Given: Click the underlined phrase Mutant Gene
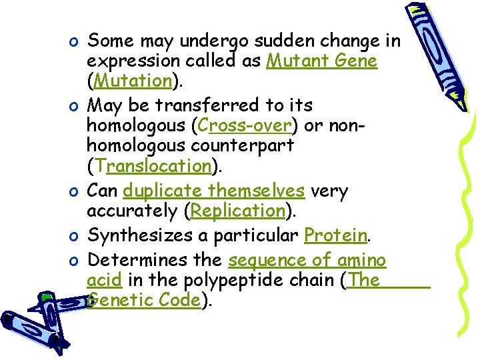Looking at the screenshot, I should [322, 61].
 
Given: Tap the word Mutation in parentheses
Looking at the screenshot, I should [133, 81].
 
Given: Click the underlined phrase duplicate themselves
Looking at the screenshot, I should [214, 191].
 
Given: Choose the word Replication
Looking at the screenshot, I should [237, 211].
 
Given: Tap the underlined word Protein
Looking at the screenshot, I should [335, 235].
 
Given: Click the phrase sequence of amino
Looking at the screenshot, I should [307, 260].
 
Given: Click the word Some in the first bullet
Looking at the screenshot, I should [111, 41].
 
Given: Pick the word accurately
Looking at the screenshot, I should [132, 211].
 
